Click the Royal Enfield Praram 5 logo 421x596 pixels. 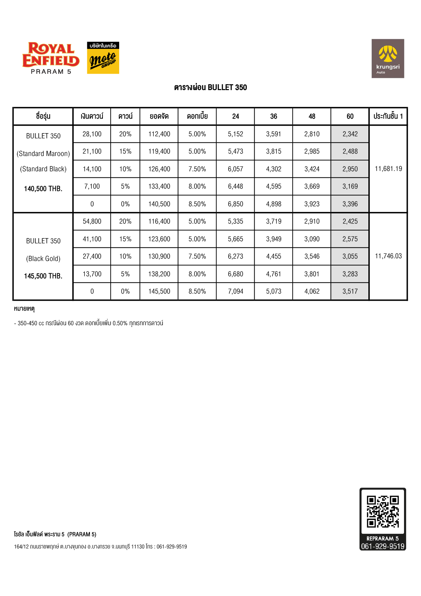click(51, 58)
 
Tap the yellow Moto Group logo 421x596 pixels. click(103, 58)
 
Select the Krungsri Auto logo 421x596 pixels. click(388, 58)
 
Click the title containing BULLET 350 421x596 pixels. click(210, 87)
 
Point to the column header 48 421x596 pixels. click(312, 117)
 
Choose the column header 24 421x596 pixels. click(235, 117)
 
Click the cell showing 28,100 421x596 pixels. click(92, 134)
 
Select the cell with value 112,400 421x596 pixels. click(159, 134)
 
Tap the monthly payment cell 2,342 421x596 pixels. click(350, 134)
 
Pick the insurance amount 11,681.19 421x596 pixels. click(388, 169)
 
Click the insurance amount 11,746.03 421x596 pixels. click(388, 256)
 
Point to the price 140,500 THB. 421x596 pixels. click(43, 189)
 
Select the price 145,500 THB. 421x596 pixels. click(43, 276)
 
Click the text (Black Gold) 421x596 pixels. click(43, 259)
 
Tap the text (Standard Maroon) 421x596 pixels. click(43, 154)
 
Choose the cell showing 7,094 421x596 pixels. click(235, 292)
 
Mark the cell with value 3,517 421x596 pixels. click(350, 292)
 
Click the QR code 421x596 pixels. click(383, 511)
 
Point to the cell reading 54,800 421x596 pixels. click(92, 222)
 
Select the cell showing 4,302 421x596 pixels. click(274, 169)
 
